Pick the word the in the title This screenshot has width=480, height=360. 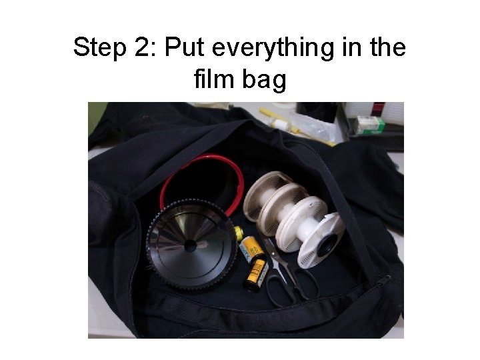click(387, 49)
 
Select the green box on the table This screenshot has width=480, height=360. click(369, 125)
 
